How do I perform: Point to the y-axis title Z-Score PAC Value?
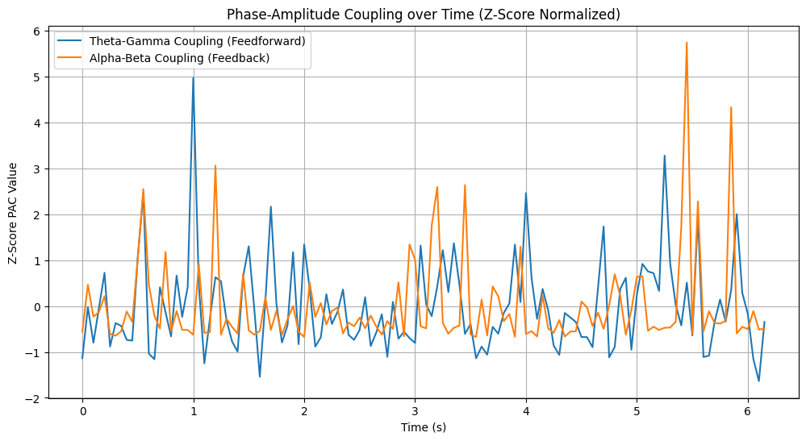tap(13, 212)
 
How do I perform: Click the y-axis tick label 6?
tap(37, 31)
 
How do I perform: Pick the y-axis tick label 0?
tap(37, 306)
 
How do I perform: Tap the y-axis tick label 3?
tap(37, 168)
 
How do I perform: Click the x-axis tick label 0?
tap(82, 412)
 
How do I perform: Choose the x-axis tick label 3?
tap(415, 412)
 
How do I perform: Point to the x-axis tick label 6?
tap(747, 412)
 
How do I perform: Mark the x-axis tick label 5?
tap(637, 412)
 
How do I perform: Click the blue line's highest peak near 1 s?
tap(193, 77)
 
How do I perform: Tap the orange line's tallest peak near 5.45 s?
tap(687, 43)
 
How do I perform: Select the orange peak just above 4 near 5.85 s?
tap(731, 107)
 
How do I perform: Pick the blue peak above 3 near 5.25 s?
tap(665, 156)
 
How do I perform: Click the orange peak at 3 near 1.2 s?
tap(215, 166)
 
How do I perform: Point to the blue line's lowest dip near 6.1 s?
tap(758, 381)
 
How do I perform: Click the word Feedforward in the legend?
tap(273, 40)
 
